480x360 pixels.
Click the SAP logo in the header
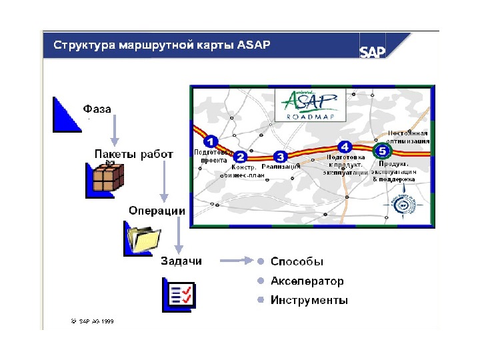373,52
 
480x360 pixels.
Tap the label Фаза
97,108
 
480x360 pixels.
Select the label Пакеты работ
133,154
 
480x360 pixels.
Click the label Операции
157,210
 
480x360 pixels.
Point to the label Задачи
181,260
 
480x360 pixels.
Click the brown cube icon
107,178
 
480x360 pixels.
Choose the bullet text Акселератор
307,281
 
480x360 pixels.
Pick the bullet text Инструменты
309,301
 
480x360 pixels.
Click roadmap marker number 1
210,141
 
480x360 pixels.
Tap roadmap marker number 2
241,157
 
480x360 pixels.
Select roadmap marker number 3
281,156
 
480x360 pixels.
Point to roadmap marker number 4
345,147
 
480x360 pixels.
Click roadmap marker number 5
382,151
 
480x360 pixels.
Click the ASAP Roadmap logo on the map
309,104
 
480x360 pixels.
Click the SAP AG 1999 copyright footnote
93,321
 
